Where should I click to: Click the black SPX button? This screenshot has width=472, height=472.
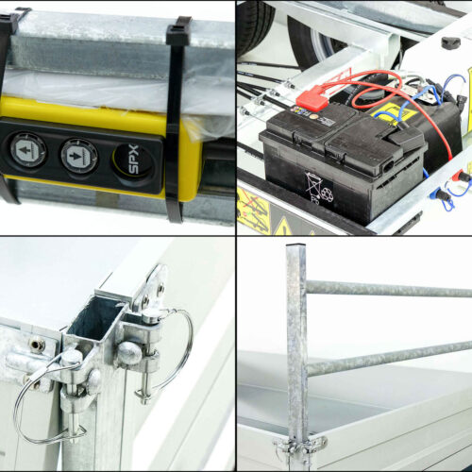click(x=134, y=160)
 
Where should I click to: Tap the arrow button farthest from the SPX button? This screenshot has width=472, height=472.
click(x=27, y=150)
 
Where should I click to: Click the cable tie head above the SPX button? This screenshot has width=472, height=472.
click(x=178, y=34)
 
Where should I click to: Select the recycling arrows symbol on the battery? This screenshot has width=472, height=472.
click(x=328, y=194)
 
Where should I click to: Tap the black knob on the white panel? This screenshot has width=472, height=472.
click(x=450, y=42)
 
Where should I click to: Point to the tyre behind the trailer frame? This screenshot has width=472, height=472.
click(x=256, y=25)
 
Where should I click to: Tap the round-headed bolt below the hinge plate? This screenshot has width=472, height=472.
click(x=129, y=353)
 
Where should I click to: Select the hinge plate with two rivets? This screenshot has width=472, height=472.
click(x=150, y=289)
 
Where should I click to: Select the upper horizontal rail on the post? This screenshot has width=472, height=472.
click(x=389, y=289)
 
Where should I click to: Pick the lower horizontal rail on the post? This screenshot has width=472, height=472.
click(x=389, y=359)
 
